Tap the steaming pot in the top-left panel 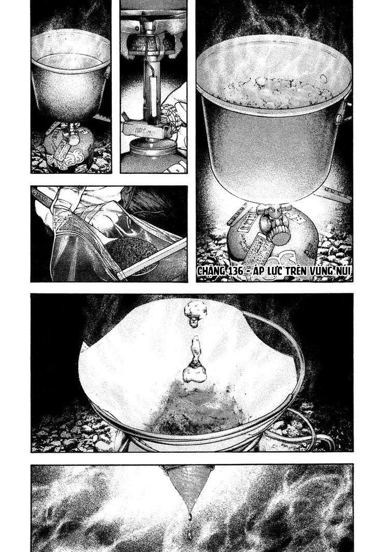click(x=70, y=78)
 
